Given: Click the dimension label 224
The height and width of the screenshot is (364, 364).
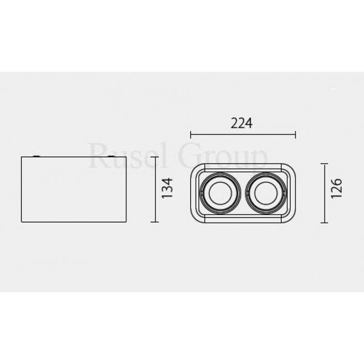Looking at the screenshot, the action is click(x=242, y=123).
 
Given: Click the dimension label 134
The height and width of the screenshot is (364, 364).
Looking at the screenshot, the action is click(x=167, y=188).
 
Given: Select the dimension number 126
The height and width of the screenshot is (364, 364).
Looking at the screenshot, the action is click(x=336, y=188).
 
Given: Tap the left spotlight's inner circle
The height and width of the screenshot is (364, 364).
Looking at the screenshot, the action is click(x=220, y=193).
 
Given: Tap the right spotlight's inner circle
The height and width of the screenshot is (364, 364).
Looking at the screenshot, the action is click(x=266, y=193).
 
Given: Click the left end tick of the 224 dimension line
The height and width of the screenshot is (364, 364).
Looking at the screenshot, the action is click(x=191, y=134).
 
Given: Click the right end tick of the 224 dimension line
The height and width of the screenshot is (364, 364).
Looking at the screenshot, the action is click(x=295, y=134).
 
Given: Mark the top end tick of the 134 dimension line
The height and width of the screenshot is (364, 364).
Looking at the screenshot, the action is click(x=155, y=157).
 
